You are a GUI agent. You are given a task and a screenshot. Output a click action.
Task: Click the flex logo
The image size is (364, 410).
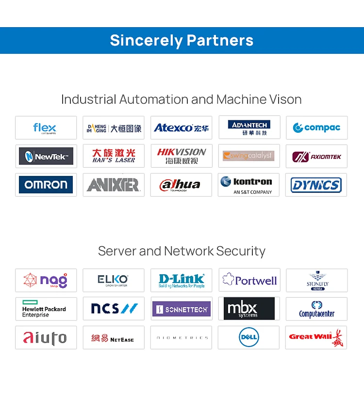tap(45, 128)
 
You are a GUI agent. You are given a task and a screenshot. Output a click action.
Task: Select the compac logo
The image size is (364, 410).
tap(316, 128)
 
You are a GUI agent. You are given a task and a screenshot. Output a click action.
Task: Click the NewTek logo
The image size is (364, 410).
tap(46, 157)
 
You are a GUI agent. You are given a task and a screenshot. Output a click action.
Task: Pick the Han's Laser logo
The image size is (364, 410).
tap(114, 156)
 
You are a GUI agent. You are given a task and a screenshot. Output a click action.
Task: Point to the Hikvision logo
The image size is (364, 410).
tap(181, 156)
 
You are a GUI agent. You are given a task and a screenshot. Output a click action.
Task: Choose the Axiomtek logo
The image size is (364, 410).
tap(316, 157)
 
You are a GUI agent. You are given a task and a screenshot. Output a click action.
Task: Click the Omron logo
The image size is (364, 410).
tap(46, 185)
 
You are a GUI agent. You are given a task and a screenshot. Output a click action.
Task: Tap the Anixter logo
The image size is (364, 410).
tap(114, 185)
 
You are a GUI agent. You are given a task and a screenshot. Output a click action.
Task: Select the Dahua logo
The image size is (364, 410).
tap(181, 185)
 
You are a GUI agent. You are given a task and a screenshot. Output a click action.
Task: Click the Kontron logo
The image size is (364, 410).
tap(249, 185)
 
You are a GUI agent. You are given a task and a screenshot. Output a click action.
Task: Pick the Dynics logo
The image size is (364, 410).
tap(316, 185)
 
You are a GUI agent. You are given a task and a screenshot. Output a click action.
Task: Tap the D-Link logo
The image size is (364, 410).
tap(181, 281)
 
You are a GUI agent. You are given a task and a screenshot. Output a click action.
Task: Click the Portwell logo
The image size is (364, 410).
tap(249, 280)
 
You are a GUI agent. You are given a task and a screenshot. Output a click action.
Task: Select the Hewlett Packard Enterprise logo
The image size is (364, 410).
tap(44, 309)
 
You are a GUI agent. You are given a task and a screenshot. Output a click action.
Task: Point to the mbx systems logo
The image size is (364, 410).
tap(249, 309)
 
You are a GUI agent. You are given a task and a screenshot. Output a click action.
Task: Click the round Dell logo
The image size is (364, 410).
tap(249, 337)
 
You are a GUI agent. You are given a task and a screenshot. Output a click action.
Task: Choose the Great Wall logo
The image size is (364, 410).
tap(316, 337)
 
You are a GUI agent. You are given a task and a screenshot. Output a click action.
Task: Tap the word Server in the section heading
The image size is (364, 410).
tap(116, 251)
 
